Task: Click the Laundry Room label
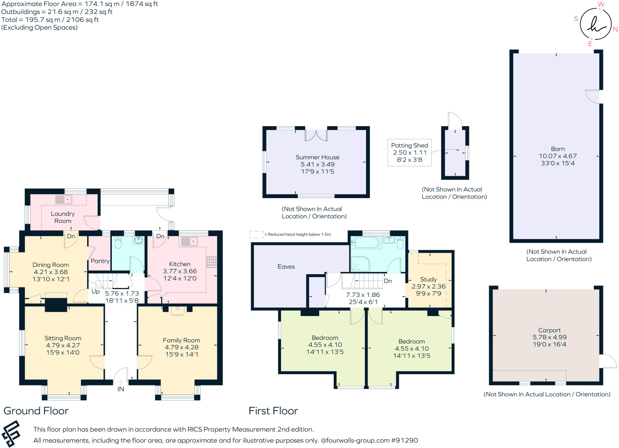[x=63, y=217]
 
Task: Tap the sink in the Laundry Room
[x=63, y=199]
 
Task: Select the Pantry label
[x=100, y=261]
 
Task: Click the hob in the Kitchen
[x=212, y=262]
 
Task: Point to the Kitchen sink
[x=190, y=241]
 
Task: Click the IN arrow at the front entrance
[x=121, y=382]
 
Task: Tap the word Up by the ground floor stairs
[x=96, y=292]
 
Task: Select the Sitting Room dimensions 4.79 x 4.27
[x=63, y=345]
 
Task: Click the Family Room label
[x=181, y=340]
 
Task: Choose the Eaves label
[x=286, y=266]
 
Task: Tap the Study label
[x=428, y=279]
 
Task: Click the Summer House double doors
[x=316, y=135]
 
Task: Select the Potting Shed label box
[x=410, y=153]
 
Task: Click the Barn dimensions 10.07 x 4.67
[x=558, y=156]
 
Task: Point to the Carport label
[x=549, y=330]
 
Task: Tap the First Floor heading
[x=273, y=411]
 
